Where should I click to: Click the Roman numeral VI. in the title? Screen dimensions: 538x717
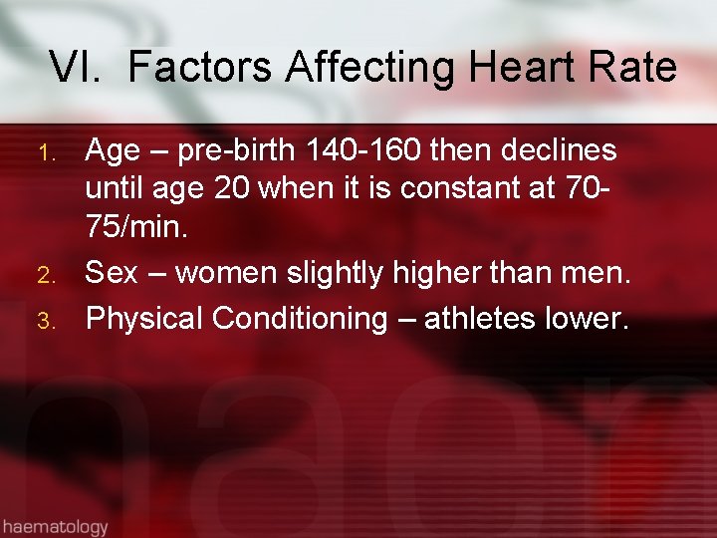(x=79, y=68)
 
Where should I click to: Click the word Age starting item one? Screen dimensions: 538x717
(x=113, y=151)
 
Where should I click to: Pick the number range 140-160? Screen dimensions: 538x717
(x=367, y=150)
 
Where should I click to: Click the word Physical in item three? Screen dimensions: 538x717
(x=144, y=319)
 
